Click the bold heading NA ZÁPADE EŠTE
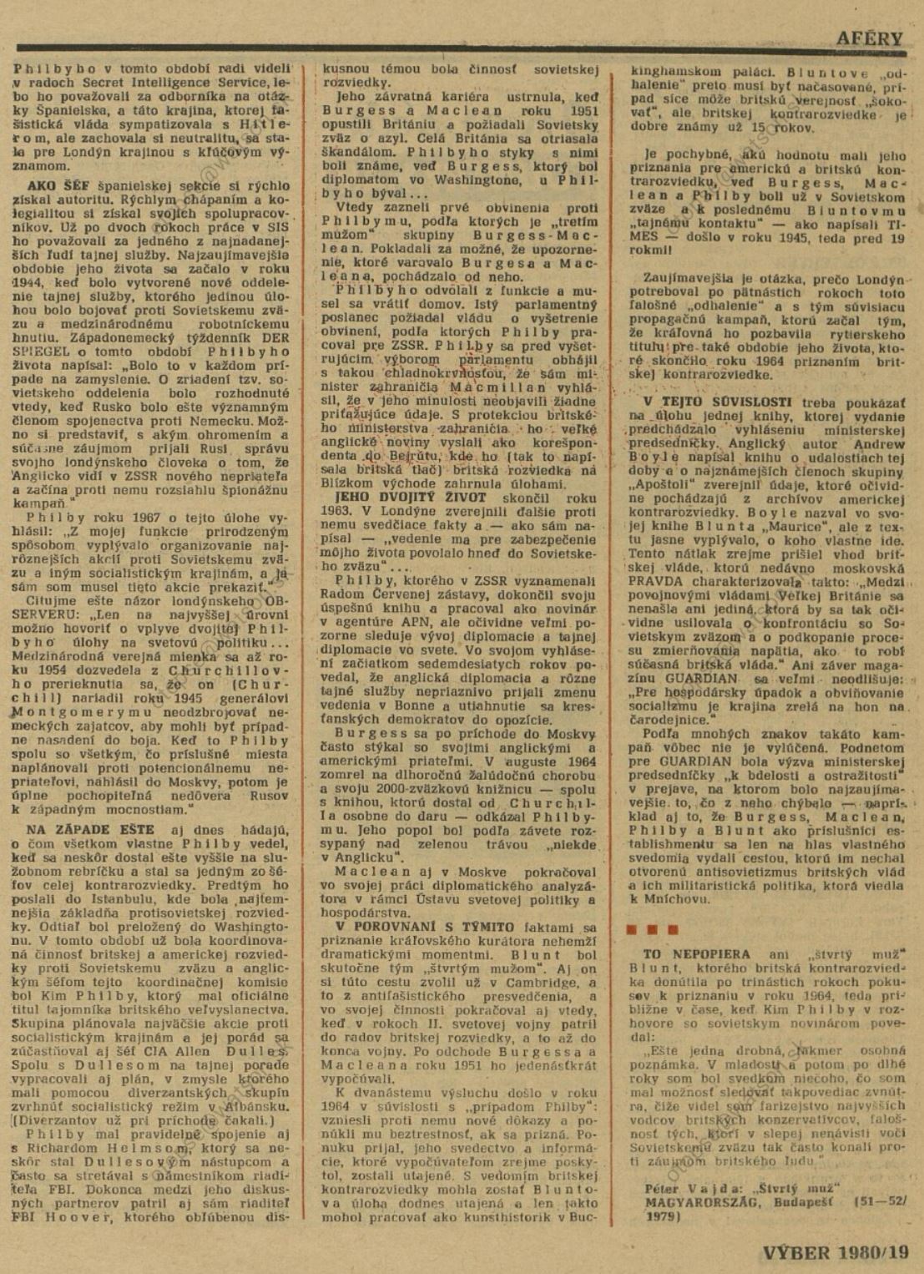point(90,829)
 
